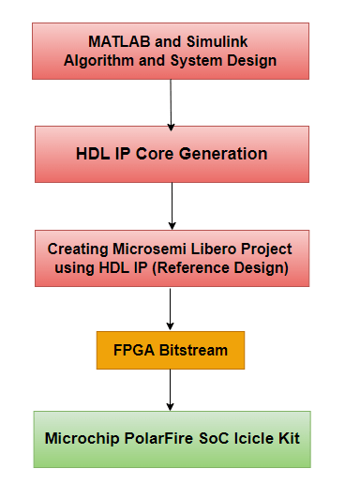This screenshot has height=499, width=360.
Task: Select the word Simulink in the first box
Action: (218, 42)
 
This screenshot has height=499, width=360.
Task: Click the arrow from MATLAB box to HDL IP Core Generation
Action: (171, 103)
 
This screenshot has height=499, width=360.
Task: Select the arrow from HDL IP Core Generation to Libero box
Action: (171, 205)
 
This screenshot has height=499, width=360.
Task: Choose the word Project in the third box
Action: (266, 249)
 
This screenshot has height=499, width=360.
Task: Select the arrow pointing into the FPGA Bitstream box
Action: (171, 309)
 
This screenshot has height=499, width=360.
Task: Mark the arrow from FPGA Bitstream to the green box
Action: (171, 390)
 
